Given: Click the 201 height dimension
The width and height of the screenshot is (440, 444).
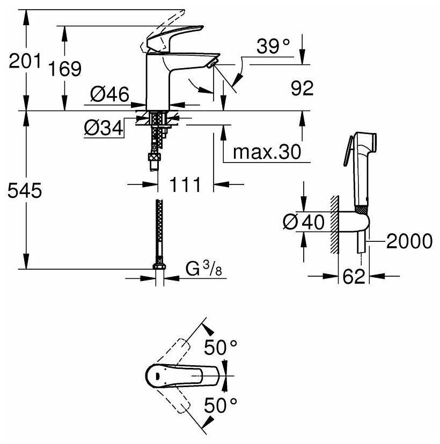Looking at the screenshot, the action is pos(25,61).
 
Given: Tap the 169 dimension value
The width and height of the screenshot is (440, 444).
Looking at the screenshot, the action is pos(65,68).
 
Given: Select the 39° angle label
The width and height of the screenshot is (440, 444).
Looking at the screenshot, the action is pos(273,46).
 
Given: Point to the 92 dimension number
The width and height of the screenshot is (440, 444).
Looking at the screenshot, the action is pos(302,88).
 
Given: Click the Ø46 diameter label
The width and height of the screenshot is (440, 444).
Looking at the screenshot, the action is pos(109,94).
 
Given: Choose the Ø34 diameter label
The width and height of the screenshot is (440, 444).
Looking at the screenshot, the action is pos(104,128).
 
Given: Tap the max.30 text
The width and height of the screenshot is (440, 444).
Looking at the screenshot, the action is pos(267,152).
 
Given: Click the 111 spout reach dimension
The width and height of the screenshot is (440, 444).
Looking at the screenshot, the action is pos(185,184).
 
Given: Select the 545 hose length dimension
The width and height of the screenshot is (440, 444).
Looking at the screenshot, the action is pos(25,190).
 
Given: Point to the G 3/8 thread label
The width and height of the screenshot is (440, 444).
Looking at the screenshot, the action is pos(204,269).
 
